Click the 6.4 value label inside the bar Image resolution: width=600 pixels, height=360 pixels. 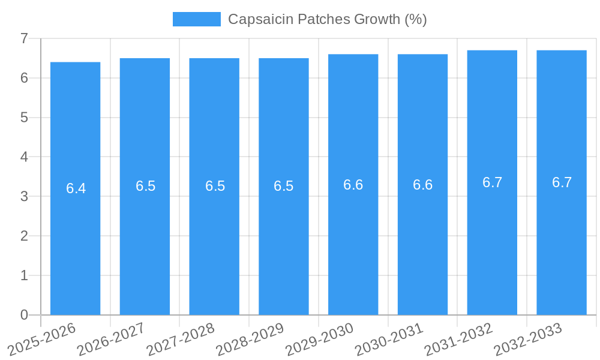[x=76, y=188]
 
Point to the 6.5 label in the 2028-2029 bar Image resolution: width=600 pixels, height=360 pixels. [x=284, y=186]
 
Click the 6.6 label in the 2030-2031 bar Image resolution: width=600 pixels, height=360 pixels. [x=422, y=185]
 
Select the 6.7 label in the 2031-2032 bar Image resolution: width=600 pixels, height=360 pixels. [x=492, y=182]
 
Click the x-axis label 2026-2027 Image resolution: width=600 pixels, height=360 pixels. [x=112, y=338]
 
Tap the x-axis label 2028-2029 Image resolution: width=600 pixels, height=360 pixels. [x=250, y=338]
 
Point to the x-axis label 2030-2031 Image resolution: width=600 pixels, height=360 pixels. [x=389, y=338]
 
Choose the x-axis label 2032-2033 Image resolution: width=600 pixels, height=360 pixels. [x=528, y=338]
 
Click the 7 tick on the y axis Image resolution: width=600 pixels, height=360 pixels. [x=24, y=39]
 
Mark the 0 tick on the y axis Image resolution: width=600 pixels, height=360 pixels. [x=24, y=315]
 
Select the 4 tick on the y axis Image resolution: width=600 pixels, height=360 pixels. [x=24, y=157]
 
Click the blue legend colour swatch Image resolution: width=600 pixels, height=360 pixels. [x=196, y=19]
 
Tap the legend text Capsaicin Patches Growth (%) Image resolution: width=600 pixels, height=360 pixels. [x=327, y=19]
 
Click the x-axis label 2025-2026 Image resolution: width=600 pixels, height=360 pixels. [x=42, y=338]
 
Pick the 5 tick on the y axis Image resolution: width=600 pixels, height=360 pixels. [x=24, y=118]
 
